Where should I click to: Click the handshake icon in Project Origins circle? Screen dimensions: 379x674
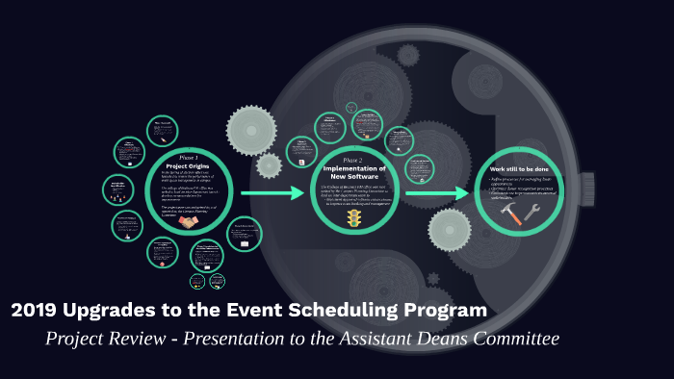pos(188,221)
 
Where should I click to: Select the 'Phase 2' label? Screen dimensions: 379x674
pos(352,160)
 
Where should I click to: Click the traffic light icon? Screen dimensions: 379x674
pos(353,220)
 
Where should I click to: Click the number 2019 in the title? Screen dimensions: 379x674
pos(37,311)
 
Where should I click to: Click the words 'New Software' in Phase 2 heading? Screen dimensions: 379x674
pos(352,177)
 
